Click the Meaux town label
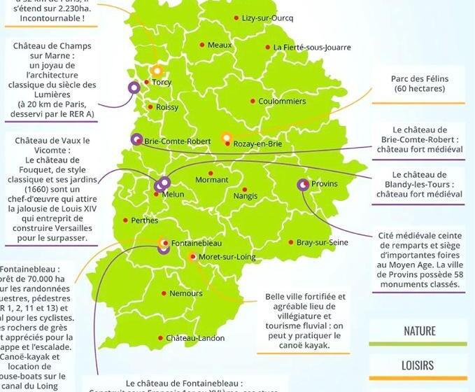coord(220,45)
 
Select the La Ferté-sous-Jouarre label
coord(312,48)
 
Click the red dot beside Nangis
coord(244,190)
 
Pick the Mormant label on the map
coord(211,180)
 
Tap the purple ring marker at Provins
coord(303,185)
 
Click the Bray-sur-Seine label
coord(322,242)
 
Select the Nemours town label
coord(186,293)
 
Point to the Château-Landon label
coord(195,338)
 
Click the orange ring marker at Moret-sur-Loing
coord(193,258)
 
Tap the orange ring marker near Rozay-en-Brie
coord(226,138)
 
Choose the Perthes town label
coord(144,220)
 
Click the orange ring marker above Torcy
coord(157,71)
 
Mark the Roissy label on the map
coord(167,107)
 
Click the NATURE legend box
coord(419,332)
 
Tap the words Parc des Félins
coord(420,79)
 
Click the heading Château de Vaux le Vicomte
coord(52,145)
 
